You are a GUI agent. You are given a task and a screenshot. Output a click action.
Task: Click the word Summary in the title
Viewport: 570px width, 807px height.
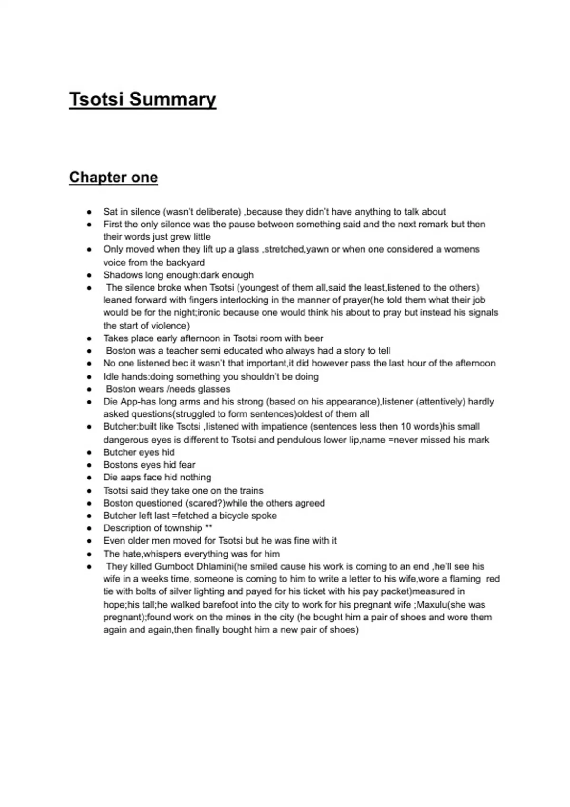pyautogui.click(x=172, y=100)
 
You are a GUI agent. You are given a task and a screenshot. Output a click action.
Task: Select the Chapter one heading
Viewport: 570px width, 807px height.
pyautogui.click(x=114, y=178)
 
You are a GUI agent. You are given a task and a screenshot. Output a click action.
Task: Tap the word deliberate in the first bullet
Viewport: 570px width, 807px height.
pyautogui.click(x=218, y=212)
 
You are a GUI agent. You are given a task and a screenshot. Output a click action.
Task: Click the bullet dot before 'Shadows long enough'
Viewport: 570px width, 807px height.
pyautogui.click(x=89, y=275)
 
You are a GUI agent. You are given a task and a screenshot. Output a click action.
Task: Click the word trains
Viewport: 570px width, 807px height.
pyautogui.click(x=251, y=490)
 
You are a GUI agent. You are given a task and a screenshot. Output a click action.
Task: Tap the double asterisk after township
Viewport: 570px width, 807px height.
pyautogui.click(x=209, y=528)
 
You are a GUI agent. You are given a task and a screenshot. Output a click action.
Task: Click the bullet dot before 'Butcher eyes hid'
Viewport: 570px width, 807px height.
pyautogui.click(x=89, y=452)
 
